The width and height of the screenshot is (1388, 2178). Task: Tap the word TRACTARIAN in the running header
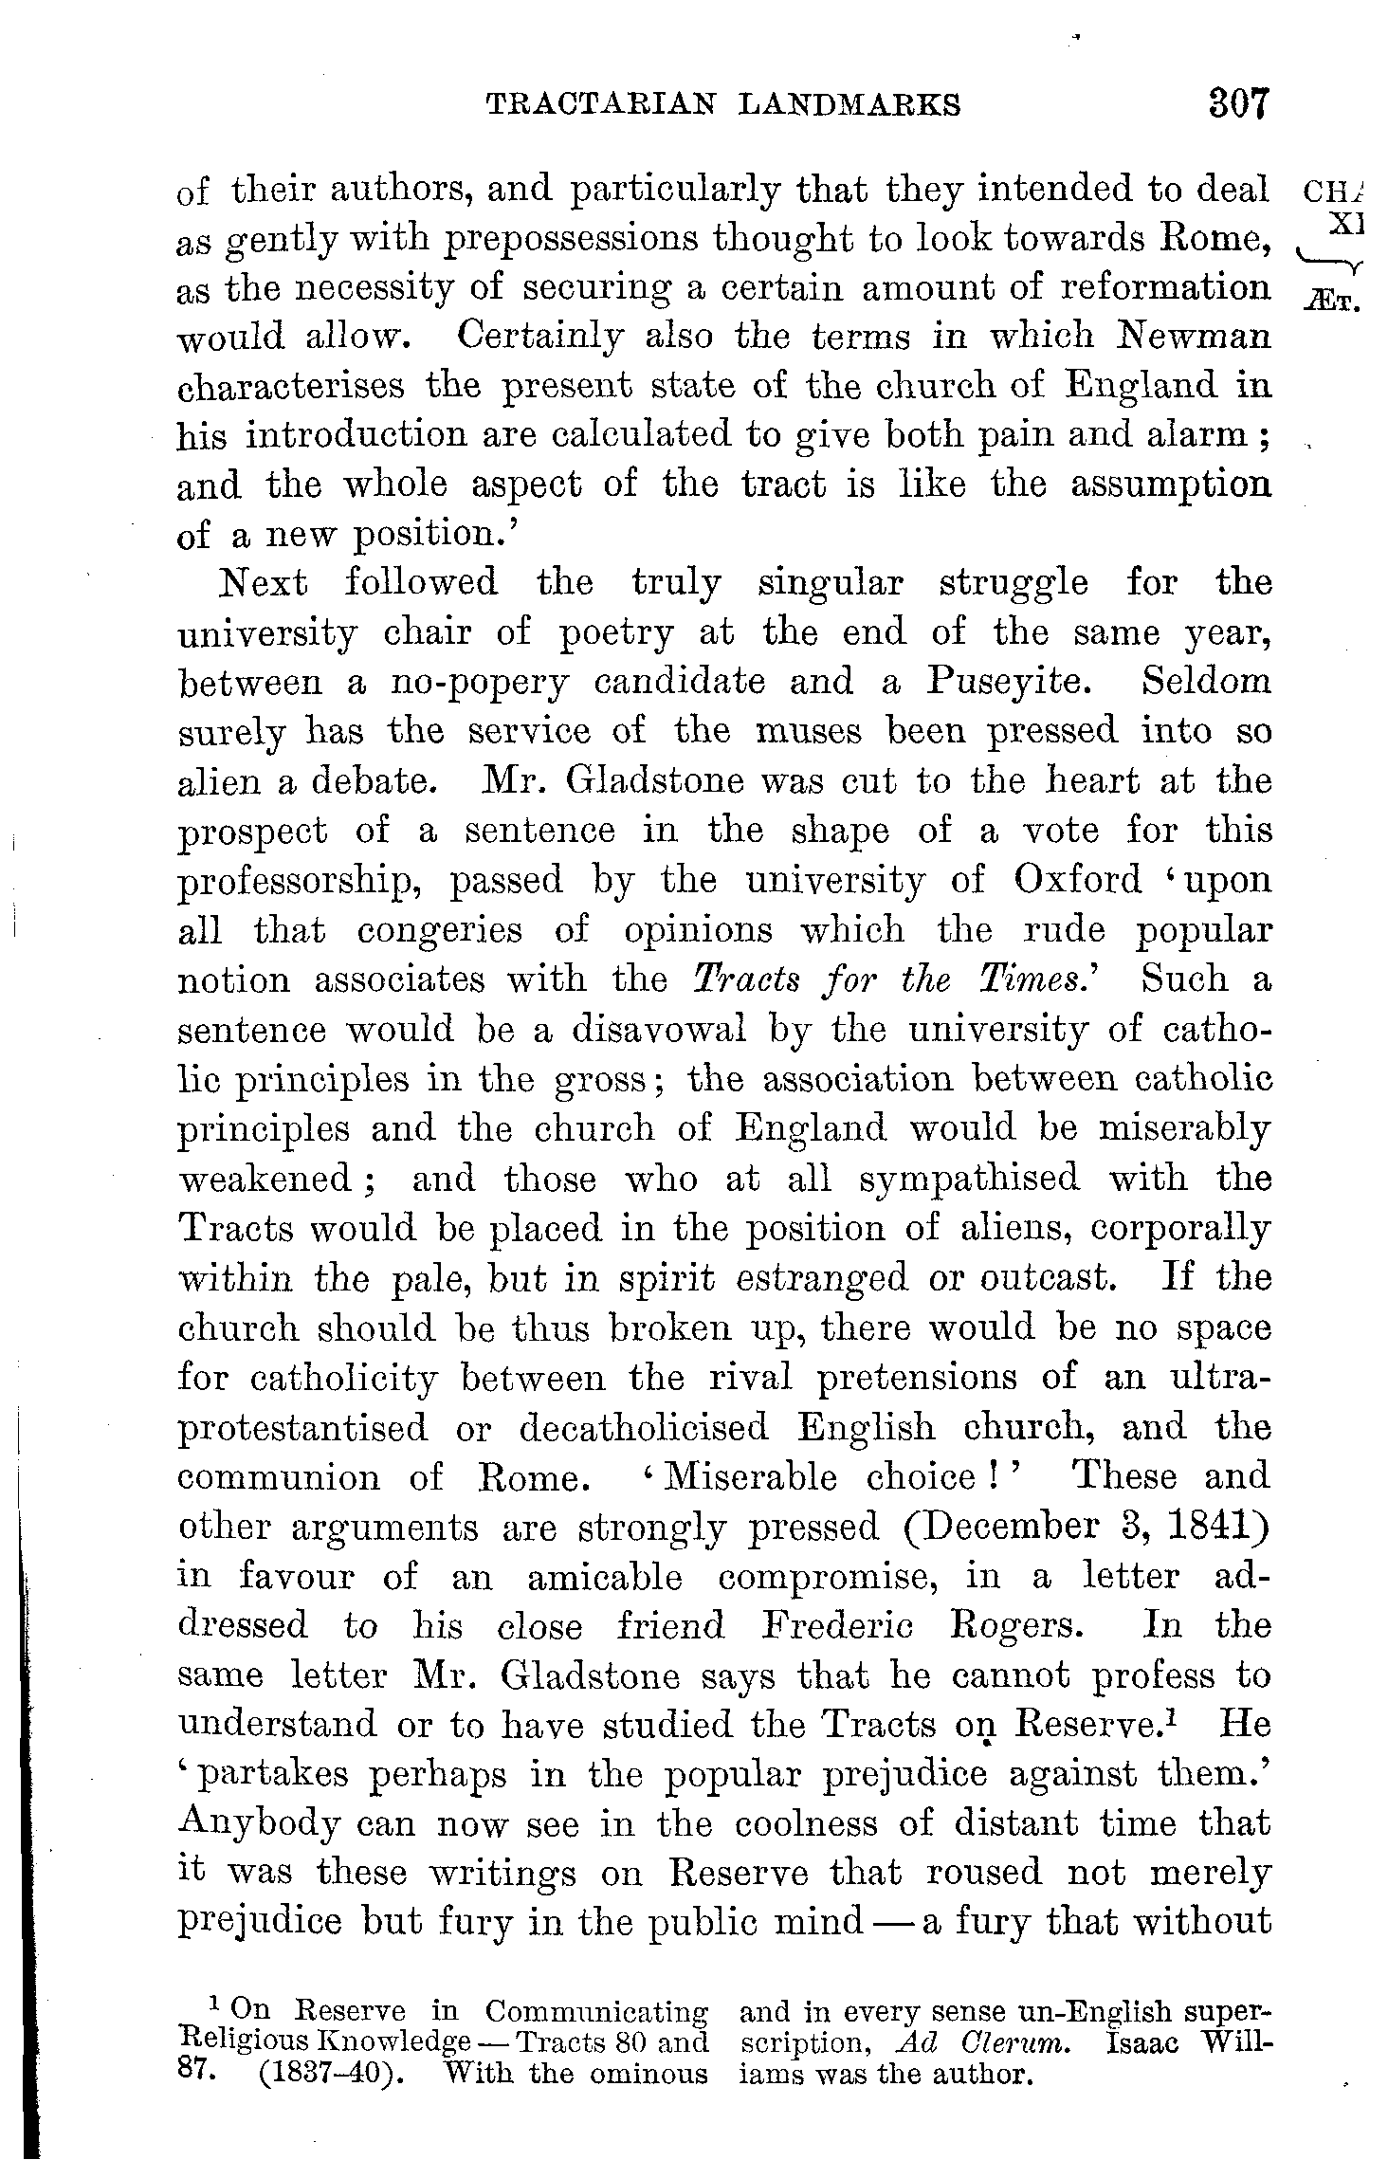pos(601,104)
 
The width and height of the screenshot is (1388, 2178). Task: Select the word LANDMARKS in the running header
pos(849,104)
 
